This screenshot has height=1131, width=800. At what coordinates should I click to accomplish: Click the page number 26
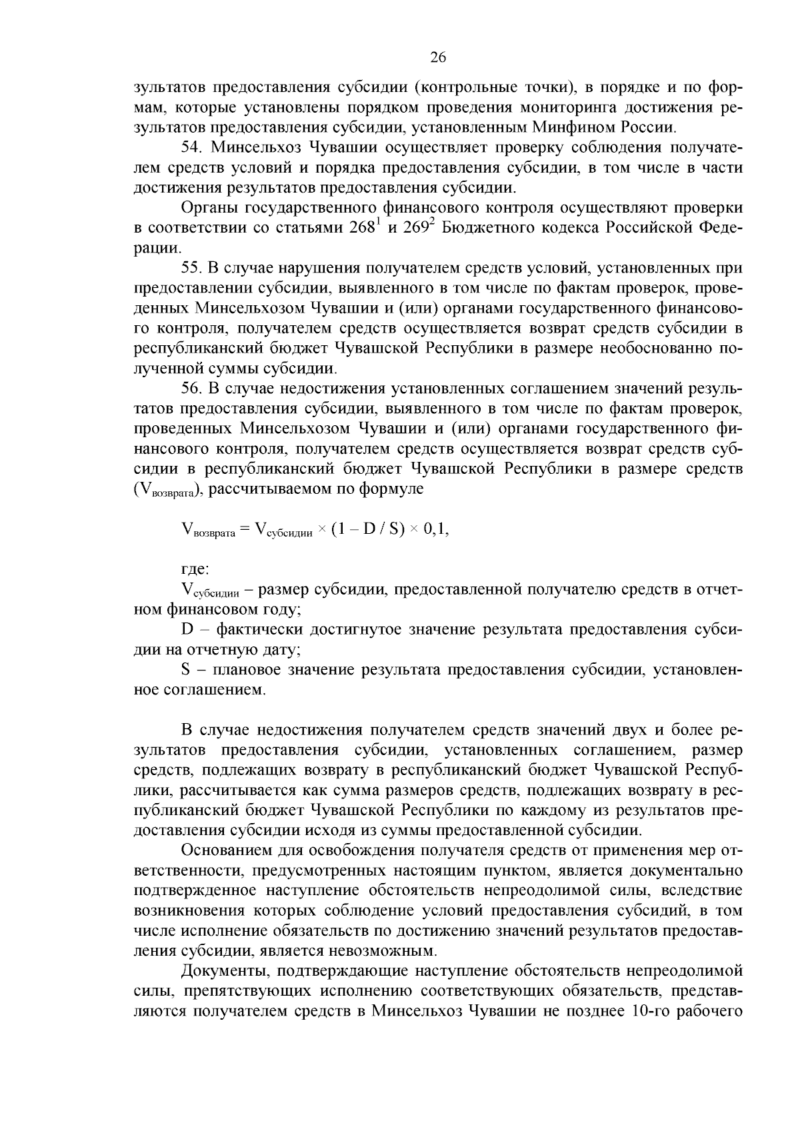tap(437, 57)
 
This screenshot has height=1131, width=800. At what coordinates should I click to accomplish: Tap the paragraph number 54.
tap(191, 148)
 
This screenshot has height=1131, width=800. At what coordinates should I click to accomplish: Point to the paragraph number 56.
tap(191, 389)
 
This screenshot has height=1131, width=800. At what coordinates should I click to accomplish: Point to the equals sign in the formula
tap(244, 531)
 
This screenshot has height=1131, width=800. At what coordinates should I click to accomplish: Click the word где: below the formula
tap(195, 570)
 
